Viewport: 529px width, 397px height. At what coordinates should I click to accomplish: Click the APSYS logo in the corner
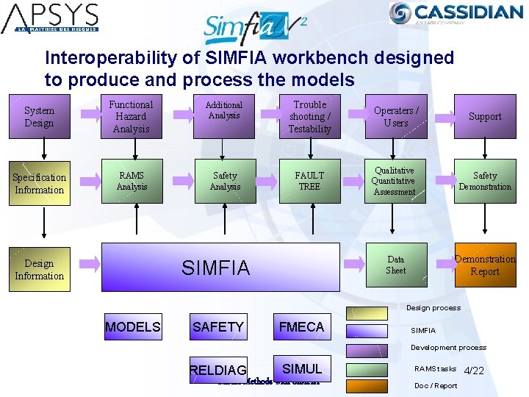click(x=50, y=19)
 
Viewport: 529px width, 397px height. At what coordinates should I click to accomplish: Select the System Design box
click(x=39, y=117)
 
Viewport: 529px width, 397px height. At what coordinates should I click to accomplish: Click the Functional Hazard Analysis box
click(x=132, y=117)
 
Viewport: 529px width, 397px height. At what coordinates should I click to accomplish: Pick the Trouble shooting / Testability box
click(x=309, y=117)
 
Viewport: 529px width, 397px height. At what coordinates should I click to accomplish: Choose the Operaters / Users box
click(x=395, y=117)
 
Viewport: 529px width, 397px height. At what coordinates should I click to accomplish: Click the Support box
click(x=485, y=117)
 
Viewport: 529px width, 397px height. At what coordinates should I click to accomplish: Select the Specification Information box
click(x=39, y=183)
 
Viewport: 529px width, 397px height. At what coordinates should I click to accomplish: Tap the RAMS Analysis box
click(x=132, y=181)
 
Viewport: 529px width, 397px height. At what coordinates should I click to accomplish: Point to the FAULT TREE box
click(x=309, y=181)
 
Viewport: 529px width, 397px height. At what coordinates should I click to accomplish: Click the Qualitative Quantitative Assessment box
click(x=395, y=181)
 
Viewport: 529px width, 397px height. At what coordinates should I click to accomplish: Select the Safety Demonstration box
click(x=485, y=181)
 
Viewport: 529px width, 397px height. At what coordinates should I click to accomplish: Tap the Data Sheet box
click(x=395, y=265)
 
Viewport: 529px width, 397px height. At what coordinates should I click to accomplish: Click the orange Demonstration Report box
click(x=485, y=265)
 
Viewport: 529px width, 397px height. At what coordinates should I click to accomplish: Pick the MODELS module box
click(x=133, y=327)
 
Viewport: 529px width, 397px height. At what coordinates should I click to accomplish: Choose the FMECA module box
click(x=301, y=327)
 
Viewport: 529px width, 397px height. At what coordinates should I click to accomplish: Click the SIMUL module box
click(x=301, y=367)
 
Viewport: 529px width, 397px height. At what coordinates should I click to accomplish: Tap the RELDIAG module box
click(x=218, y=370)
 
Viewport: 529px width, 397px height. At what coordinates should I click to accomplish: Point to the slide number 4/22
click(x=474, y=371)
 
